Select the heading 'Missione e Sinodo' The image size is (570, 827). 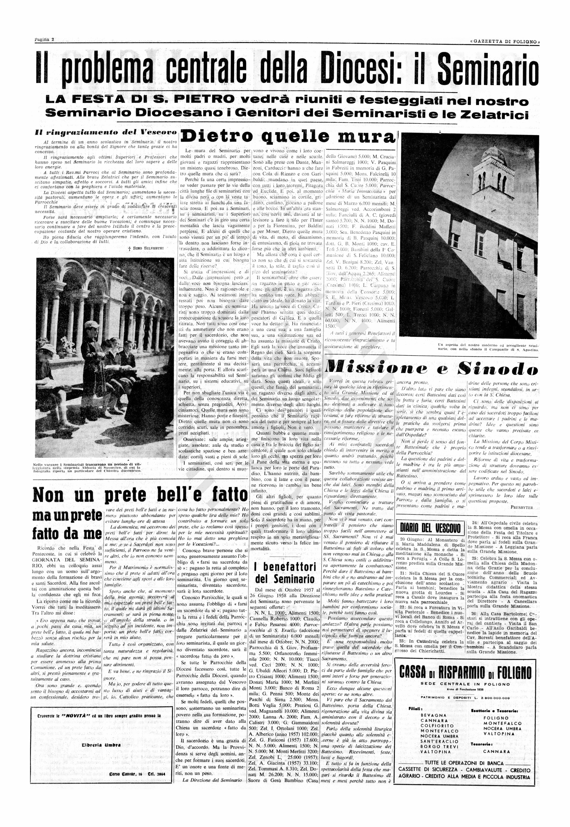pyautogui.click(x=432, y=369)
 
